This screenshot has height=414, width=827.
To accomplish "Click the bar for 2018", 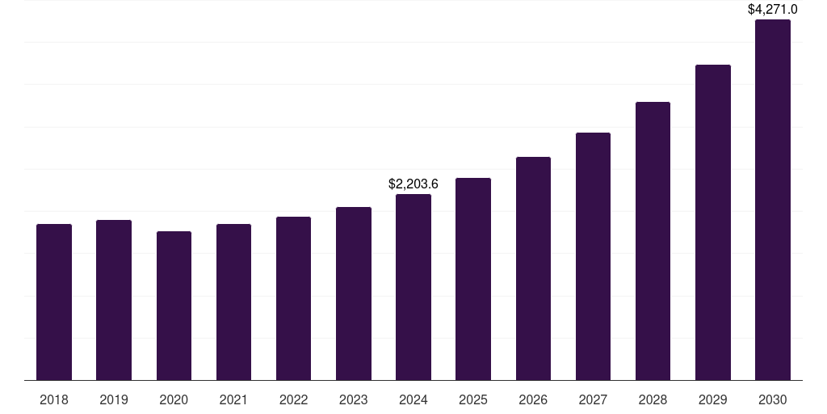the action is pyautogui.click(x=54, y=302).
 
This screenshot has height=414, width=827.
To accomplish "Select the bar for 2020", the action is pyautogui.click(x=174, y=306).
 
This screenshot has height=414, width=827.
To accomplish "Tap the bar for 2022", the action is pyautogui.click(x=293, y=298).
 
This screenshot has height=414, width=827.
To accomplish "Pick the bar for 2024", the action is pyautogui.click(x=413, y=287).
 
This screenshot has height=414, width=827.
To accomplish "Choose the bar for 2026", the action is pyautogui.click(x=533, y=268).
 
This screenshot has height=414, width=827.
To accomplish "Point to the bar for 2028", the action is pyautogui.click(x=653, y=241).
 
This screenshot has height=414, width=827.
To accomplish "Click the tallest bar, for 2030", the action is pyautogui.click(x=773, y=200).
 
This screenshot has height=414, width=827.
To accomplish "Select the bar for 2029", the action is pyautogui.click(x=713, y=222).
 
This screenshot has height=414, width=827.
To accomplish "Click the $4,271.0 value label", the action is pyautogui.click(x=773, y=9).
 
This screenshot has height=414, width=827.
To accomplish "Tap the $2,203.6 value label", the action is pyautogui.click(x=413, y=184).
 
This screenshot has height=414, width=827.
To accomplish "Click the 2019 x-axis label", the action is pyautogui.click(x=114, y=399).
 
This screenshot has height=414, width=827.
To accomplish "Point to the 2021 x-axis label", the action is pyautogui.click(x=233, y=399).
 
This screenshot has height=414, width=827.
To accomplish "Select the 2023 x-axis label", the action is pyautogui.click(x=354, y=399).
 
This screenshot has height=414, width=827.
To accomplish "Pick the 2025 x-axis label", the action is pyautogui.click(x=473, y=399).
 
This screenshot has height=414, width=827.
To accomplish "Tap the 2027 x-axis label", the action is pyautogui.click(x=593, y=399).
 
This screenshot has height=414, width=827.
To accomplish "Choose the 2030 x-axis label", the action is pyautogui.click(x=773, y=399).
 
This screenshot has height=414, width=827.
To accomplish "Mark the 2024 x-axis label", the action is pyautogui.click(x=413, y=399).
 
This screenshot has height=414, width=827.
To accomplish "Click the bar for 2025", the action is pyautogui.click(x=473, y=279).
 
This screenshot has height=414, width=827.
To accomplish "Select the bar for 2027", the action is pyautogui.click(x=593, y=256).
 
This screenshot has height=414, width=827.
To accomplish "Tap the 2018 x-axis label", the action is pyautogui.click(x=54, y=399).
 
